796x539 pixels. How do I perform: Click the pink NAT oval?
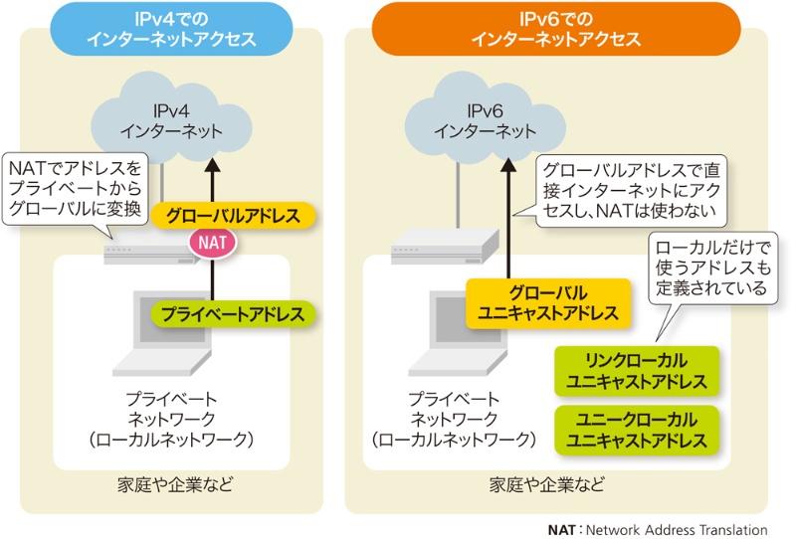212,242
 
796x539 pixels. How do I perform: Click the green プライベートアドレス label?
234,314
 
